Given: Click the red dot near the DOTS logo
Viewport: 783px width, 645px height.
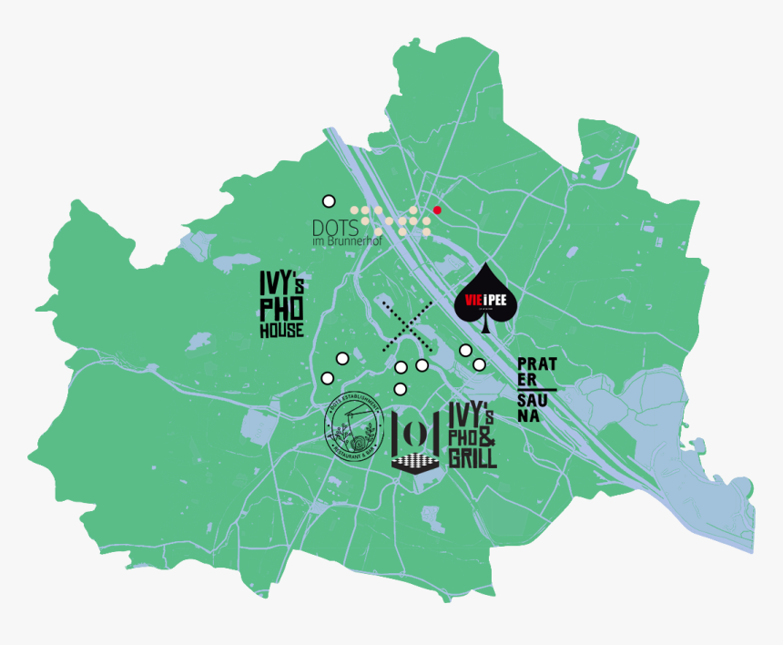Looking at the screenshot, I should coord(437,210).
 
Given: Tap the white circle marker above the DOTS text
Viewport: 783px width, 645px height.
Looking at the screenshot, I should coord(329,200).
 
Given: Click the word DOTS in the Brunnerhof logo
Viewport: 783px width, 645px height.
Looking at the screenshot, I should coord(330,227).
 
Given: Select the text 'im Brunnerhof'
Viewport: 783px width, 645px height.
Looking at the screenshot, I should coord(346,241).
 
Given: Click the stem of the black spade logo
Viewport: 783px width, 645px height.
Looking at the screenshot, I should coord(485,327).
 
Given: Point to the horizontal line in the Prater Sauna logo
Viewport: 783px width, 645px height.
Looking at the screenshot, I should coord(536,389).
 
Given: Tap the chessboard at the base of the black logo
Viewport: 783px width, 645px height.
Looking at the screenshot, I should coord(415,463).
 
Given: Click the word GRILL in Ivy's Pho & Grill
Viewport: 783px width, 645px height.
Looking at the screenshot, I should coord(473,456).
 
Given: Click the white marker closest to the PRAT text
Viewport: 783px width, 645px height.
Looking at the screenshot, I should coord(479,364).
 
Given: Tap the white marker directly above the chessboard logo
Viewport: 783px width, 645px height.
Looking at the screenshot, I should coord(401,389).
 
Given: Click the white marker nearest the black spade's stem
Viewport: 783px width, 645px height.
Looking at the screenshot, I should coord(465,350).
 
